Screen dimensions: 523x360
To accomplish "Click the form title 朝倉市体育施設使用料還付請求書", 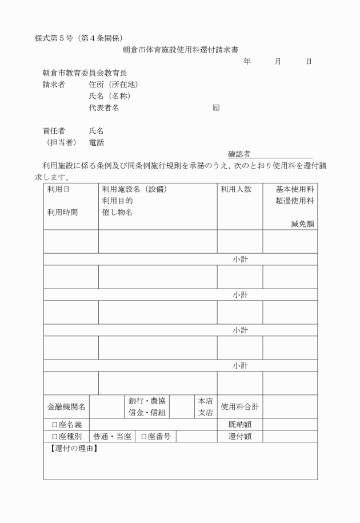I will [181, 50].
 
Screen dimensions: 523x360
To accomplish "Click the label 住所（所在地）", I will [113, 85].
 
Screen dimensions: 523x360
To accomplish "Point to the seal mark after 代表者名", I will [215, 107].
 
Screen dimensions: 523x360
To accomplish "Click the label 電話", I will [97, 142].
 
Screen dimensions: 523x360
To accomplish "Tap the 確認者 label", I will [239, 154].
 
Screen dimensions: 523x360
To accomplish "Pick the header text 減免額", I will [302, 224].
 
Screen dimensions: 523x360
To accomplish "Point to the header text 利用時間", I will [63, 212].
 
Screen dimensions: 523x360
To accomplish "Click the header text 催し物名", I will [118, 212].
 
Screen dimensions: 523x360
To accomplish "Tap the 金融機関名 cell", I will [66, 407].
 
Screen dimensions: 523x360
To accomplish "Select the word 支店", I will [205, 413].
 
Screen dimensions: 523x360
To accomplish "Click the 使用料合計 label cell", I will [240, 407].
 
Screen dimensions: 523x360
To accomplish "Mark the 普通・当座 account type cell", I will [113, 437].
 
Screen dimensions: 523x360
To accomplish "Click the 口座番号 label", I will [156, 437].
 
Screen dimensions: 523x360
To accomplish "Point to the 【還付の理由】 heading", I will [73, 448].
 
